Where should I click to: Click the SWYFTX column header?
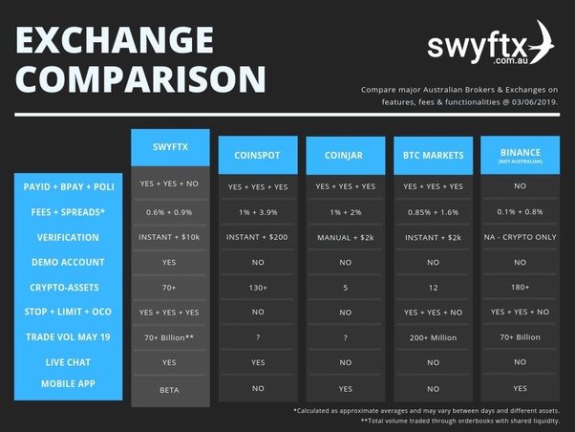point(170,148)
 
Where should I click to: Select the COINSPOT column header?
point(257,154)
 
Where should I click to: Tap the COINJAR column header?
point(344,154)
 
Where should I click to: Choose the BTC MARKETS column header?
point(432,154)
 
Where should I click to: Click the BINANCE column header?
point(520,153)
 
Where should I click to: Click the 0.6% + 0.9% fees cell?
point(170,212)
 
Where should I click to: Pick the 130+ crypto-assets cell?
point(257,288)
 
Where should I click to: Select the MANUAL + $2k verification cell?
point(344,238)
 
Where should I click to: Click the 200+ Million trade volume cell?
point(432,337)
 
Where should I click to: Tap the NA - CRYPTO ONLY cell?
point(520,238)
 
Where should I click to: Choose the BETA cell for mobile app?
point(170,390)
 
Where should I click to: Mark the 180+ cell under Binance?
point(520,288)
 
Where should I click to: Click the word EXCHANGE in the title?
point(114,40)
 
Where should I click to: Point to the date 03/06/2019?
point(532,100)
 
